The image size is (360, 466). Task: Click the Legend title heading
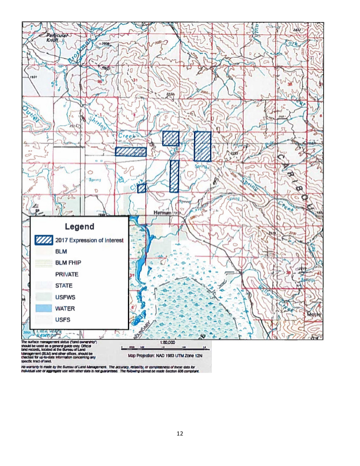point(80,227)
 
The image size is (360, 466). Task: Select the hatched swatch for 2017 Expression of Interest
point(44,240)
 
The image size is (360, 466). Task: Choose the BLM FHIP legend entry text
point(68,263)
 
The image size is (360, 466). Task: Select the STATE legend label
point(64,286)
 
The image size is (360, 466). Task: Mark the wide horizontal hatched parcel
point(130,152)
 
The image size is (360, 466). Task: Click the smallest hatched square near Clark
point(142,188)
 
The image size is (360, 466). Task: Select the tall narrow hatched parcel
point(174,176)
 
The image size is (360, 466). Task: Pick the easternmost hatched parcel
point(202,146)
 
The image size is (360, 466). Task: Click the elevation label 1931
point(34,78)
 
